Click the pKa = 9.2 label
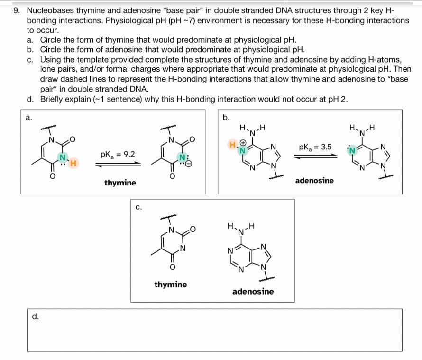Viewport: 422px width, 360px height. click(x=117, y=155)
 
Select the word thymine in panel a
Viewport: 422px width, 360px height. click(x=120, y=183)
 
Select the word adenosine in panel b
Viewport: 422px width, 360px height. click(x=314, y=180)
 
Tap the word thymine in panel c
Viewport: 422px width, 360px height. click(x=171, y=285)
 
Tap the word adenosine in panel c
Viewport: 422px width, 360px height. click(x=253, y=291)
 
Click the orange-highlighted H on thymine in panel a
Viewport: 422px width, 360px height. click(x=74, y=164)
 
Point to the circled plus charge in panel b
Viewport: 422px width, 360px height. click(x=243, y=142)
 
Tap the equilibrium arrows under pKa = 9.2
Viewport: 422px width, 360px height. click(x=117, y=164)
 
